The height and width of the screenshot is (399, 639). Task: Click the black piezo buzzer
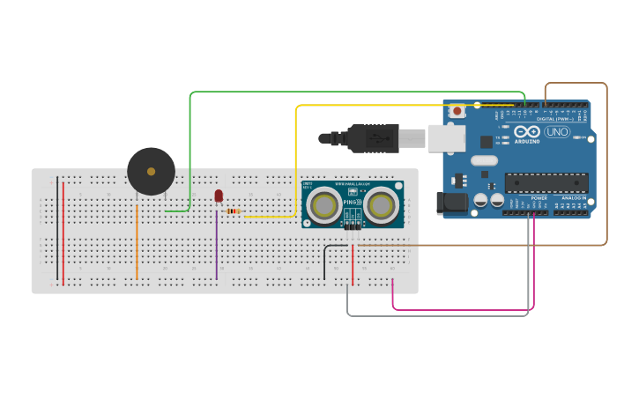pos(151,171)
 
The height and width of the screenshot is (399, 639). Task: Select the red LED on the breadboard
pos(219,196)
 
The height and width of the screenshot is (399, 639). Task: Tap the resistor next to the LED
pos(234,211)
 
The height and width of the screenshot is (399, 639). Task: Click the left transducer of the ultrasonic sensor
pos(324,206)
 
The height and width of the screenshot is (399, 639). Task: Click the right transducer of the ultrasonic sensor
pos(383,206)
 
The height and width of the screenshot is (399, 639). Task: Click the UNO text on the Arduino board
pos(557,132)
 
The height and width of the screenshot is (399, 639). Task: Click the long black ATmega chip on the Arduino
pos(546,181)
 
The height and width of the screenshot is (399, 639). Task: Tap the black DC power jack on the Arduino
pos(454,203)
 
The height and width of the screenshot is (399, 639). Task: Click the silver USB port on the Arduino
pos(446,137)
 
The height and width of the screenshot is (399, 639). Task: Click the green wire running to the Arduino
pos(353,92)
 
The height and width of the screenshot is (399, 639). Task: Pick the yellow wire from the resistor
pos(296,159)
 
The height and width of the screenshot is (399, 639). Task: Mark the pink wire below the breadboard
pos(458,310)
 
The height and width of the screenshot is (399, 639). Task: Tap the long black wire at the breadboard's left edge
pos(57,229)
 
